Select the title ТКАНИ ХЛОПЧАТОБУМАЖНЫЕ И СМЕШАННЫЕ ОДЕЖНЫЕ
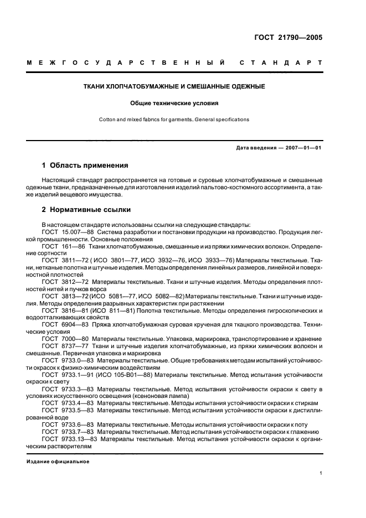point(174,87)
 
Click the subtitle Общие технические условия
point(174,103)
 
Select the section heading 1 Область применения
point(85,165)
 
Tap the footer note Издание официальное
point(58,462)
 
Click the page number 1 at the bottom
point(321,474)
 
